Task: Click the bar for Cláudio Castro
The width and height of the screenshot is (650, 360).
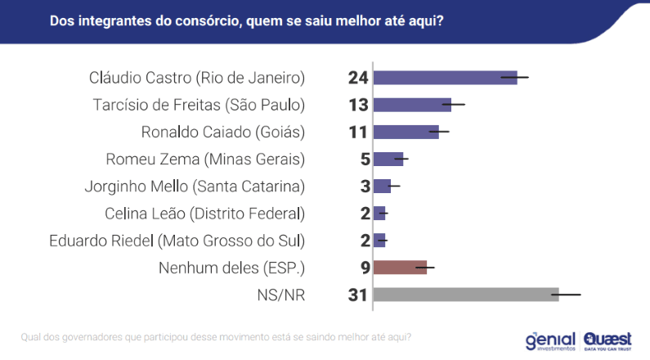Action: pyautogui.click(x=445, y=78)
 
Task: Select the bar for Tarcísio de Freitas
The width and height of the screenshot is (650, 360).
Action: pyautogui.click(x=412, y=105)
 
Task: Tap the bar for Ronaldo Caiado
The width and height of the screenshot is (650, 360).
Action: pyautogui.click(x=406, y=132)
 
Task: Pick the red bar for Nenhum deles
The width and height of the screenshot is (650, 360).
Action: pyautogui.click(x=400, y=267)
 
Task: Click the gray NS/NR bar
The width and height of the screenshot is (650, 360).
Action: pyautogui.click(x=465, y=294)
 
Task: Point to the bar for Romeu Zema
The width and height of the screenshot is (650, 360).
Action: pyautogui.click(x=388, y=159)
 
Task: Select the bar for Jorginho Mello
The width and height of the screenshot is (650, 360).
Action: pyautogui.click(x=382, y=186)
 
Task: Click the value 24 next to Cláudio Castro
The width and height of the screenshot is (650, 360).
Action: pyautogui.click(x=358, y=78)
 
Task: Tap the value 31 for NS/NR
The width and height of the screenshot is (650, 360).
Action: pyautogui.click(x=358, y=295)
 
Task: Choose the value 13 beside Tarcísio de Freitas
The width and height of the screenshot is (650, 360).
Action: pyautogui.click(x=358, y=105)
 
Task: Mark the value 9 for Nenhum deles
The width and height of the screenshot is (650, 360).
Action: pyautogui.click(x=365, y=268)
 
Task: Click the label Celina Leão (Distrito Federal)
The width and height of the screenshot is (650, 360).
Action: pyautogui.click(x=204, y=214)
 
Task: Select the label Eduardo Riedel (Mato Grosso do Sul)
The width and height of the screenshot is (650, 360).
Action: pyautogui.click(x=177, y=241)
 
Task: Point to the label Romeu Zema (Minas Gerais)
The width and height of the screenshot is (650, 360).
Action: pyautogui.click(x=205, y=159)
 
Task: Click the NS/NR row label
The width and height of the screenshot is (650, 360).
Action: pyautogui.click(x=280, y=295)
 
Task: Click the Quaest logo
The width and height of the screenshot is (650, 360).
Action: pyautogui.click(x=610, y=340)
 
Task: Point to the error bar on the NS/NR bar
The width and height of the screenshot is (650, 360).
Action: pyautogui.click(x=566, y=294)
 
